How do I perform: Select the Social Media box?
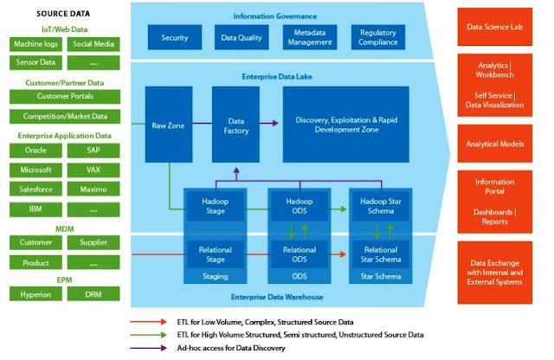pyautogui.click(x=93, y=44)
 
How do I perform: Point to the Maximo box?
pyautogui.click(x=93, y=190)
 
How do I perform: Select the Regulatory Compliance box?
pyautogui.click(x=378, y=38)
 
